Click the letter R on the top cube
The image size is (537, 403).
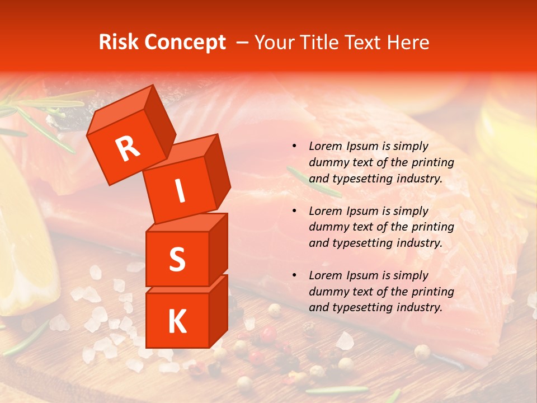128,149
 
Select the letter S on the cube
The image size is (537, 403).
177,259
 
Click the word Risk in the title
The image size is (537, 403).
119,43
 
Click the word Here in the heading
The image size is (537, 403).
409,43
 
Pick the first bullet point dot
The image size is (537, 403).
294,147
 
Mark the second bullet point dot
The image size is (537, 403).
294,211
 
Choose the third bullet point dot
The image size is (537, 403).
294,275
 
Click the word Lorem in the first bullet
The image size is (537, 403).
324,147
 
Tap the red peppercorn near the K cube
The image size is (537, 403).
268,335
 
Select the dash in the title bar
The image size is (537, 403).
243,43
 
